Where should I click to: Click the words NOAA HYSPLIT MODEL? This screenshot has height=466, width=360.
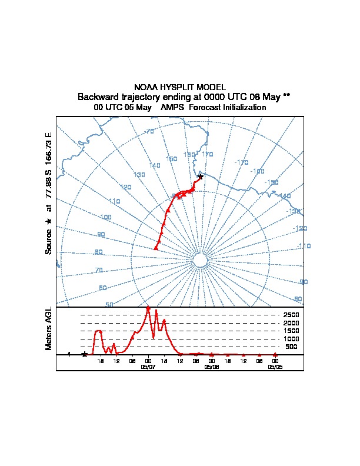tap(180, 87)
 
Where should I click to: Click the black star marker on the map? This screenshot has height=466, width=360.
tap(201, 177)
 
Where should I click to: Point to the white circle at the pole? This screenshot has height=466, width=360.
tap(200, 261)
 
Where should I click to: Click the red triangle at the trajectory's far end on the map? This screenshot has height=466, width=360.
tap(156, 248)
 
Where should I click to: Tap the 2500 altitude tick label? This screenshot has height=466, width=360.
tap(291, 315)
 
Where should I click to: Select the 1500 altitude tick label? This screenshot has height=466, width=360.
tap(291, 331)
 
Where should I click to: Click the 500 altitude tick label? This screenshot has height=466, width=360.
tap(291, 347)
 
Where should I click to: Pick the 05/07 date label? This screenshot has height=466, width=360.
tap(148, 366)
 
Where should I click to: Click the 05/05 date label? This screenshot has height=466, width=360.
tap(275, 366)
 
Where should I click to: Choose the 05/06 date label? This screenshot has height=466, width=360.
tap(211, 366)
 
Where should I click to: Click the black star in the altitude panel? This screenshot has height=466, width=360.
tap(85, 354)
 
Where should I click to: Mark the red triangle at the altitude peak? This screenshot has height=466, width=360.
tap(148, 308)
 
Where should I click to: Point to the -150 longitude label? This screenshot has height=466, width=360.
tap(271, 183)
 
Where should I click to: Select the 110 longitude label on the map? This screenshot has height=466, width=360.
tap(114, 201)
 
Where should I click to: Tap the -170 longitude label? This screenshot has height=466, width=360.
tap(242, 162)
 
